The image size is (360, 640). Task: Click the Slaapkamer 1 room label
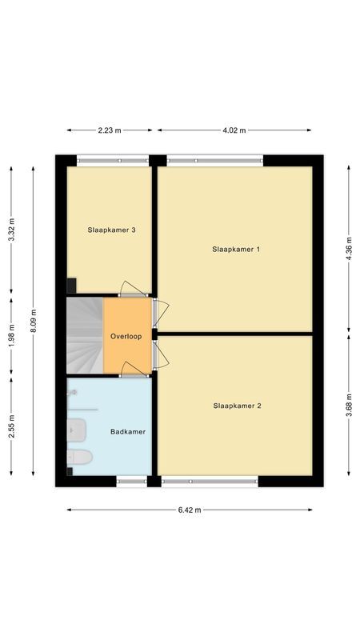pyautogui.click(x=236, y=250)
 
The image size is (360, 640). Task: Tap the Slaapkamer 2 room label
pyautogui.click(x=237, y=406)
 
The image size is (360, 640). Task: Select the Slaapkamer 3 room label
pyautogui.click(x=111, y=230)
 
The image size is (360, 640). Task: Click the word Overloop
pyautogui.click(x=126, y=336)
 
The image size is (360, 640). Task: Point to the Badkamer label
pyautogui.click(x=128, y=432)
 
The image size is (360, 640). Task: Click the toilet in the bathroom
pyautogui.click(x=79, y=457)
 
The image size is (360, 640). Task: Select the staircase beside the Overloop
pyautogui.click(x=84, y=336)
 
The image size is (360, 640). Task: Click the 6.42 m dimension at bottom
pyautogui.click(x=190, y=510)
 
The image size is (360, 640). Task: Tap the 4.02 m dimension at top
pyautogui.click(x=234, y=130)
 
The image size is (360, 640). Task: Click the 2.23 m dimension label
pyautogui.click(x=111, y=130)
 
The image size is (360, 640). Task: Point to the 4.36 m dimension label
pyautogui.click(x=348, y=248)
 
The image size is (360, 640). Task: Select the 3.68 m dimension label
pyautogui.click(x=348, y=405)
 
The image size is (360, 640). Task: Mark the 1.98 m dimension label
pyautogui.click(x=11, y=335)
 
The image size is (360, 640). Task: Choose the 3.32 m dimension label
pyautogui.click(x=11, y=230)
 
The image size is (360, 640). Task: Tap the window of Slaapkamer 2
pyautogui.click(x=210, y=481)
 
